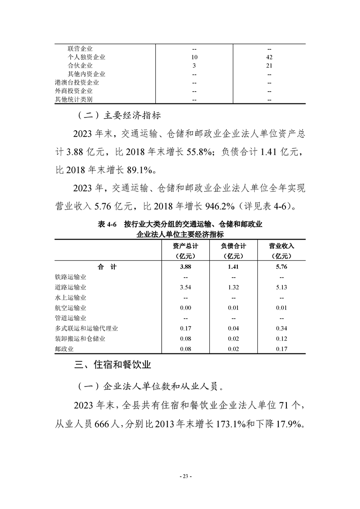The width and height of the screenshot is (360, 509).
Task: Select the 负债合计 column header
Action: click(x=233, y=246)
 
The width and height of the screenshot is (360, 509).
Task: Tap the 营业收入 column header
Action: click(x=281, y=246)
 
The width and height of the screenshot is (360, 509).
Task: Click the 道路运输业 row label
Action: click(x=70, y=287)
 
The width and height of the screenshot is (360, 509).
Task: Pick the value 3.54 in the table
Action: click(x=185, y=287)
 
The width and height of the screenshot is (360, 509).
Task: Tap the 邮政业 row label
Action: click(x=64, y=349)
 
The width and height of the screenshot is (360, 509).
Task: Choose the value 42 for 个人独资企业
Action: click(x=269, y=57)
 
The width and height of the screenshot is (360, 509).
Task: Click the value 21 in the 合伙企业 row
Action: click(x=269, y=66)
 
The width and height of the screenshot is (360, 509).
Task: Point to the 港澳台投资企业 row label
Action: click(x=77, y=83)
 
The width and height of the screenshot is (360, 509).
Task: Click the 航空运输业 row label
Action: click(x=70, y=308)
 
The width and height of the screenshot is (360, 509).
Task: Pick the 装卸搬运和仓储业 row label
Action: click(x=80, y=338)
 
